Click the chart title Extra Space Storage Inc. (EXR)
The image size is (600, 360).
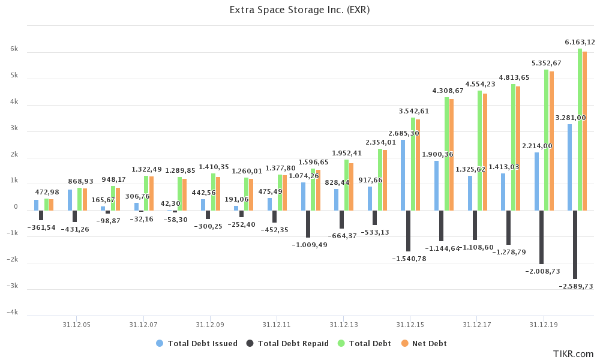[299, 10]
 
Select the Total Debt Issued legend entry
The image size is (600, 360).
[202, 344]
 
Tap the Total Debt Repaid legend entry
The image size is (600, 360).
[293, 344]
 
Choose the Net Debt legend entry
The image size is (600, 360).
[429, 344]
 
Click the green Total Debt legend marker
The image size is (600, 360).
[341, 344]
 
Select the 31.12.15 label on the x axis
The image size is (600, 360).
[410, 325]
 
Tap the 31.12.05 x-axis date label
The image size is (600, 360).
[76, 325]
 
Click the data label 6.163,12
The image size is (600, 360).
[580, 42]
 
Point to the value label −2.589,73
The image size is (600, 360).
[575, 287]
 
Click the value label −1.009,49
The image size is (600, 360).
[310, 245]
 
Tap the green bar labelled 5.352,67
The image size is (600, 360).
[546, 140]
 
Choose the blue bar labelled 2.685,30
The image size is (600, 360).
[403, 175]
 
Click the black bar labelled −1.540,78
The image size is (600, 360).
[408, 230]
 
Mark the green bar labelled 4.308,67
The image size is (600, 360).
[446, 154]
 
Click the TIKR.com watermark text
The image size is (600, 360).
[574, 354]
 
